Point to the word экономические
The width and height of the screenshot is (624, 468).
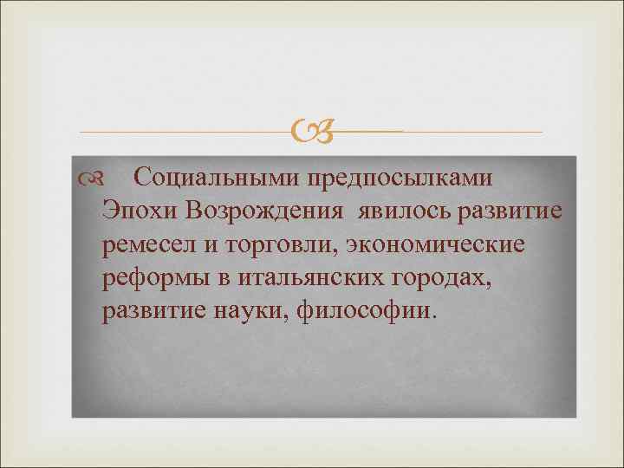[x=436, y=245]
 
